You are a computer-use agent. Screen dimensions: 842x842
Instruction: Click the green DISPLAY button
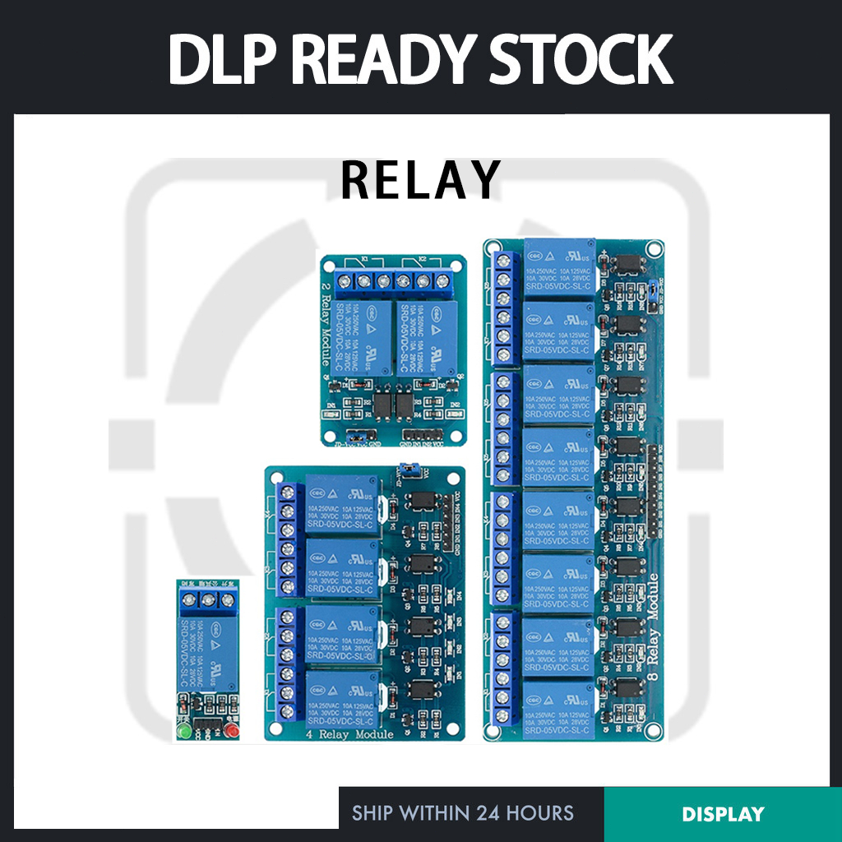[723, 814]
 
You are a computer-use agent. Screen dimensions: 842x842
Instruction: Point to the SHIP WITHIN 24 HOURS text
[463, 814]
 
